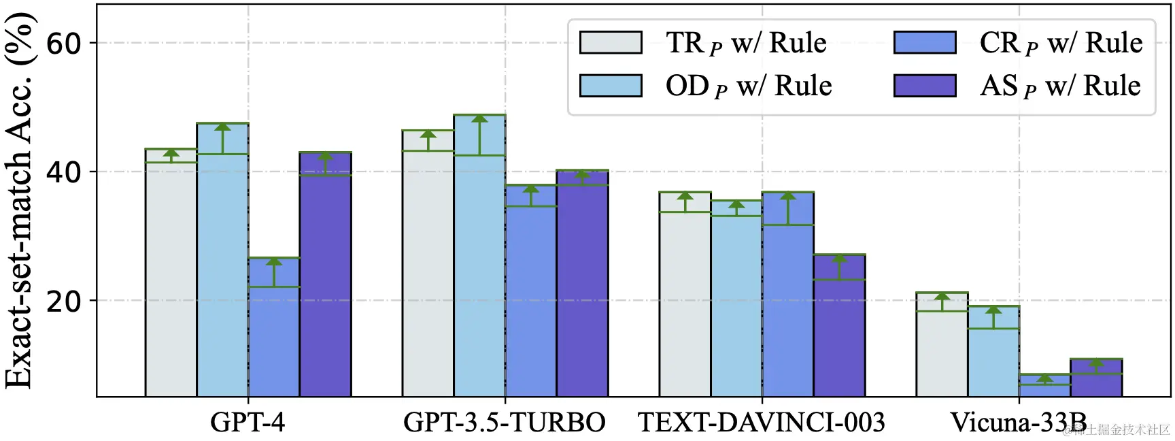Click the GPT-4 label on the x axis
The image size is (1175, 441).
(248, 423)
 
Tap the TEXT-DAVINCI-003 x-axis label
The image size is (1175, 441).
(762, 423)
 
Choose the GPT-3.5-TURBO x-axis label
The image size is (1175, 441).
(505, 423)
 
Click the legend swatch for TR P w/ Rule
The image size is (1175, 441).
(611, 42)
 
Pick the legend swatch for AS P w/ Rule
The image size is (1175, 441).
(925, 86)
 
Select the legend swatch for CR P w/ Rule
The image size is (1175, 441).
(925, 42)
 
